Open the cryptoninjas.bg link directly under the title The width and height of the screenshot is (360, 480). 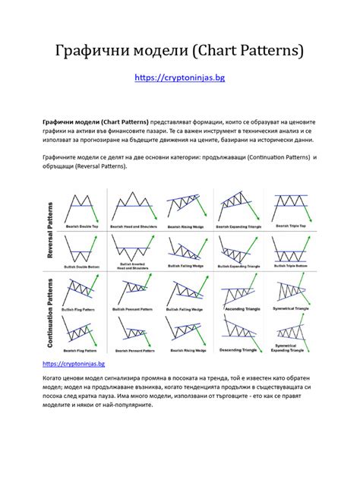[179, 77]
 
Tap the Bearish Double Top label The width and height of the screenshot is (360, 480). [84, 226]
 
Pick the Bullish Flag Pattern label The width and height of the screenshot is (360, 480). [84, 309]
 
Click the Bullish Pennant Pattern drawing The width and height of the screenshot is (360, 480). [134, 290]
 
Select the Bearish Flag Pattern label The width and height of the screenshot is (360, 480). [84, 351]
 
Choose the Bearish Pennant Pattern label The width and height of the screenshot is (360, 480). [134, 351]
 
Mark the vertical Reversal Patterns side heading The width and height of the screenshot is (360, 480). [52, 232]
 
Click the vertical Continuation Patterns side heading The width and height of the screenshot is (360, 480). [52, 314]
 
